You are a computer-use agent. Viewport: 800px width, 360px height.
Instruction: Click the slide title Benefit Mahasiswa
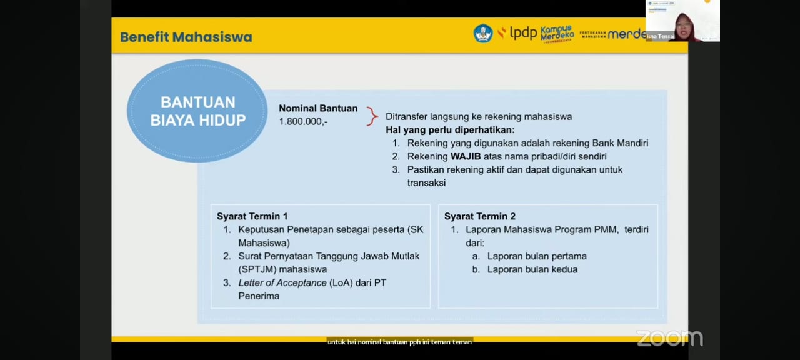pos(186,37)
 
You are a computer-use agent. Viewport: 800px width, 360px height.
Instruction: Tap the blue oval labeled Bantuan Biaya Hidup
pos(197,111)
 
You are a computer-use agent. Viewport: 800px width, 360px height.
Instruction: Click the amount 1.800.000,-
pos(303,121)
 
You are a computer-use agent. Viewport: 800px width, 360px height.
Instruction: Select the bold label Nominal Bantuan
pos(318,108)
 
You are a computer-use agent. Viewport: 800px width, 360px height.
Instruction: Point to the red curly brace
pos(372,116)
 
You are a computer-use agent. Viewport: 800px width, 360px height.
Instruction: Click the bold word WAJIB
pos(466,156)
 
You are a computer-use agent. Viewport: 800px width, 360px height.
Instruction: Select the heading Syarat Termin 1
pos(252,216)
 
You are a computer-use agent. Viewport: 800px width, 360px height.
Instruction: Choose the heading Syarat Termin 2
pos(479,216)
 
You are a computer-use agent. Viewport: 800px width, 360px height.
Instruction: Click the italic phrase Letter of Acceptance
pos(282,283)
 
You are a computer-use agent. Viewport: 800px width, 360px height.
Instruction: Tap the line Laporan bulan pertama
pos(536,256)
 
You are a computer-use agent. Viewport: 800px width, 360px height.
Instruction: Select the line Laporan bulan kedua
pos(532,269)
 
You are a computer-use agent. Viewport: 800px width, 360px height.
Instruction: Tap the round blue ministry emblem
pos(482,33)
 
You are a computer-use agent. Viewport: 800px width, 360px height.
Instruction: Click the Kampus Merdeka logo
pos(557,33)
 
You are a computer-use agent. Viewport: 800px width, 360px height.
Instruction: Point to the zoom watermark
pos(669,338)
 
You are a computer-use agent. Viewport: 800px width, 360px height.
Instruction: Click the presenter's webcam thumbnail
pos(682,21)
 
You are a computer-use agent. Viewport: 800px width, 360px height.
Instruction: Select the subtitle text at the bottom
pos(399,342)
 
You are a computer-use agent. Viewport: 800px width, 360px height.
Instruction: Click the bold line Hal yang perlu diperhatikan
pos(450,130)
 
